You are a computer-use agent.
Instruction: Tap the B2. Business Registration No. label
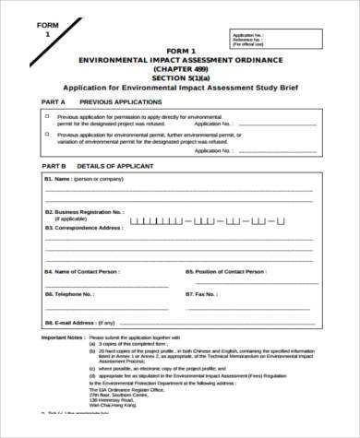coord(85,211)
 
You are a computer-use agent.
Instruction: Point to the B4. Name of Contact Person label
coord(81,272)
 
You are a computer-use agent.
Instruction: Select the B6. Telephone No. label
coord(69,294)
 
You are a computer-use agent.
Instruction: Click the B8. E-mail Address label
coord(71,322)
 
